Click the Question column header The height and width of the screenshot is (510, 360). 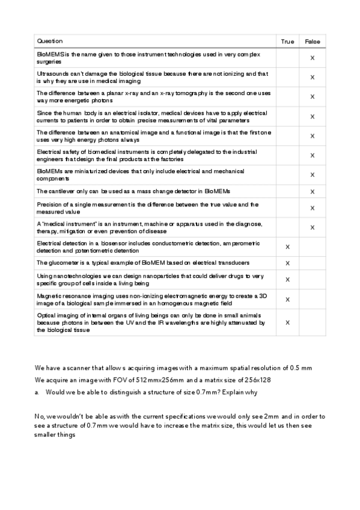point(49,41)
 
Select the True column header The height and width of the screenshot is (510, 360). point(287,41)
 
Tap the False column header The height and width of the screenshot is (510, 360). point(313,41)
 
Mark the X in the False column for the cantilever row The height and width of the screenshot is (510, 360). point(313,191)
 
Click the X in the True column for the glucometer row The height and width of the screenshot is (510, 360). point(287,263)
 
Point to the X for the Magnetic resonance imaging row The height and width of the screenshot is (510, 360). point(287,299)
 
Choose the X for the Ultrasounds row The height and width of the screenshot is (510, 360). point(313,77)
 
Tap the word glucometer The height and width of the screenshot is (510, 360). point(62,263)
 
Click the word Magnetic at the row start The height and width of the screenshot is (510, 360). point(49,295)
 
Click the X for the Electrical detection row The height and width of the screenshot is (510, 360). point(287,247)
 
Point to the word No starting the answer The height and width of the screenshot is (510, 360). point(40,416)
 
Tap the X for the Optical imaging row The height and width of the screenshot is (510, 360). point(287,322)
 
